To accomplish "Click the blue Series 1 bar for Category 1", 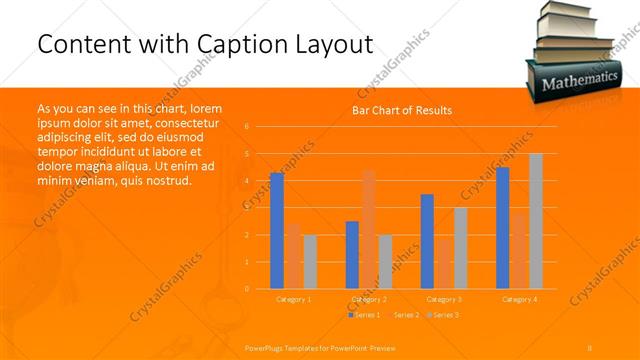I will point(277,231).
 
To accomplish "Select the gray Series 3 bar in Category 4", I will point(536,221).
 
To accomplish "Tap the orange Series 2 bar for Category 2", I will point(368,230).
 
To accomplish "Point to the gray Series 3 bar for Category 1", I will point(310,262).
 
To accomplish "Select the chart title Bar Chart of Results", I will point(402,110).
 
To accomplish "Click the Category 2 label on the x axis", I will point(369,299).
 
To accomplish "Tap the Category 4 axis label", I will point(519,299).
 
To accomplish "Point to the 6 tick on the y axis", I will point(247,127).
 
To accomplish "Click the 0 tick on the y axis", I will point(247,289).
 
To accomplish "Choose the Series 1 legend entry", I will point(365,315).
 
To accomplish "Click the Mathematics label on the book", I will point(580,80).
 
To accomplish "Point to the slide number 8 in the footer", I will point(590,346).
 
